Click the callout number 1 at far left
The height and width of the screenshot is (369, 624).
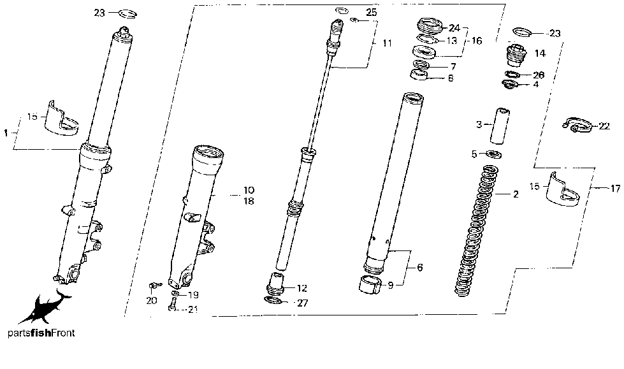click(x=6, y=133)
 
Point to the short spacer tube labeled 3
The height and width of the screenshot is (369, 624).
click(x=497, y=126)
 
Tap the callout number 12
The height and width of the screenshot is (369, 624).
click(x=302, y=288)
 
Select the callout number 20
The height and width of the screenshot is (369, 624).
click(x=151, y=300)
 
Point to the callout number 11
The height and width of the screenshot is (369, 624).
click(x=388, y=43)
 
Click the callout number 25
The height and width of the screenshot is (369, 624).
click(x=371, y=13)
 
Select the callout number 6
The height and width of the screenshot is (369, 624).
click(x=419, y=269)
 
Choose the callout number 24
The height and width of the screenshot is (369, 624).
click(x=454, y=27)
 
